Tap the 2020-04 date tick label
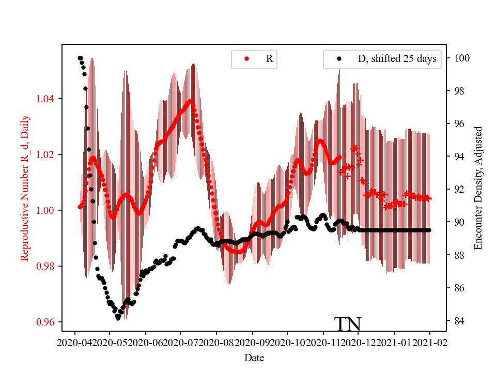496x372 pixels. pos(75,343)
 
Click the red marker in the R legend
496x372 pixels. pos(246,59)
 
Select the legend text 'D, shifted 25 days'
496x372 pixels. pos(397,59)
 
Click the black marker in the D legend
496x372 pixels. pos(339,59)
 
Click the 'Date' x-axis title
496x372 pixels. pos(254,357)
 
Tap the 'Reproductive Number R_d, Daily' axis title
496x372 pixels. pos(24,188)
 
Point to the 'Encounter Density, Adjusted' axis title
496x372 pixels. pos(478,188)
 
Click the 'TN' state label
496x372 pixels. pos(348,324)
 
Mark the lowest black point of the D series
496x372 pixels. pos(118,318)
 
